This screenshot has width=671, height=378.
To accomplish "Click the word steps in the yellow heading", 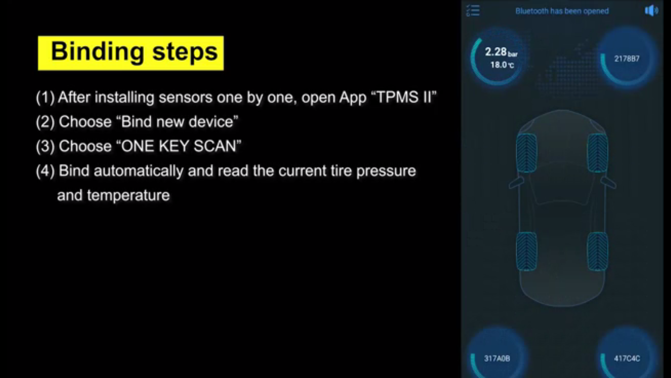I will tap(185, 52).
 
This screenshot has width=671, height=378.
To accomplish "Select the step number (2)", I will tap(45, 122).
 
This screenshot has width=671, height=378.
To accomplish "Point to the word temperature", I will tap(128, 195).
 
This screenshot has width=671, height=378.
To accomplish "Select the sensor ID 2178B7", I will tap(627, 59).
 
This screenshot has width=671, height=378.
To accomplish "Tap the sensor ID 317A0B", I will tap(497, 358).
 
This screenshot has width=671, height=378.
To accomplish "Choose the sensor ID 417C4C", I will tap(627, 358).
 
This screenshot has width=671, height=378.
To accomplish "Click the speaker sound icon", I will tap(651, 11).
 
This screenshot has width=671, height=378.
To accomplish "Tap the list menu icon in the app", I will tap(473, 11).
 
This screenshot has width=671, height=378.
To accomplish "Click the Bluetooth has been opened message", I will tap(562, 11).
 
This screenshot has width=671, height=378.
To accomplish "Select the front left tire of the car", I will tap(526, 153).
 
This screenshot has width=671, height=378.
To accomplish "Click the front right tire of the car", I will tap(598, 153).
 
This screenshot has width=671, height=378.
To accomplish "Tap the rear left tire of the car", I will tap(526, 251).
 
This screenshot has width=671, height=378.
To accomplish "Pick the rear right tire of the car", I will tap(598, 251).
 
